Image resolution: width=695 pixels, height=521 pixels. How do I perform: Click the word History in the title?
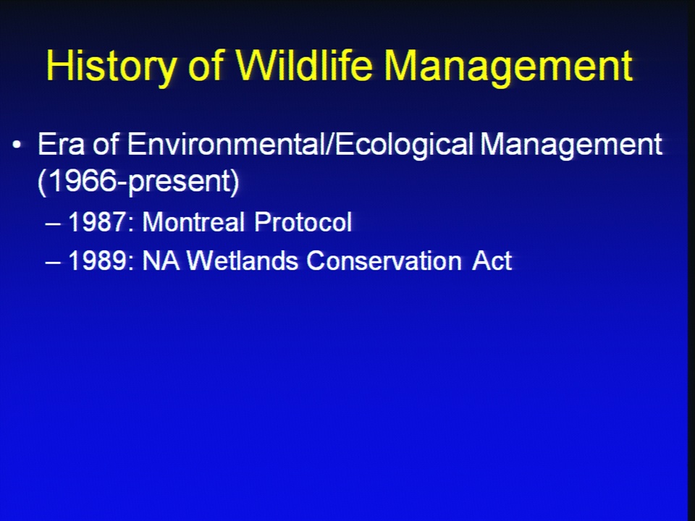(x=111, y=66)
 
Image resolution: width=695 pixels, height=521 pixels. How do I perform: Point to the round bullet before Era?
(x=17, y=145)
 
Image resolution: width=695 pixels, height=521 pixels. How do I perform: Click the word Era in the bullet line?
(x=61, y=144)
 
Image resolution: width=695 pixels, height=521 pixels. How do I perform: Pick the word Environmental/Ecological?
(x=300, y=145)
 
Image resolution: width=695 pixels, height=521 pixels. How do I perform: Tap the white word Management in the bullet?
(x=571, y=145)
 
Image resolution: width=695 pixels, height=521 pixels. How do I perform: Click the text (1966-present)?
(x=139, y=182)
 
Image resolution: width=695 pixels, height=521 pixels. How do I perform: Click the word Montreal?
(x=193, y=221)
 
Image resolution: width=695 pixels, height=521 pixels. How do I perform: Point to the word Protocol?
(x=303, y=221)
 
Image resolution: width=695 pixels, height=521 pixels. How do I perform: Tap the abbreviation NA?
(x=161, y=260)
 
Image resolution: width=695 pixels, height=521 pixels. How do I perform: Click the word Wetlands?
(x=243, y=260)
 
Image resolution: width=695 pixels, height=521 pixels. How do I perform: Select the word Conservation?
(x=384, y=260)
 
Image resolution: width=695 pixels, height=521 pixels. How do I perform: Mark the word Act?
(x=492, y=260)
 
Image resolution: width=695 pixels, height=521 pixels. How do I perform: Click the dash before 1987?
(x=53, y=224)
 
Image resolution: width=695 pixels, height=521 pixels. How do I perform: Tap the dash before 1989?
(x=53, y=263)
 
